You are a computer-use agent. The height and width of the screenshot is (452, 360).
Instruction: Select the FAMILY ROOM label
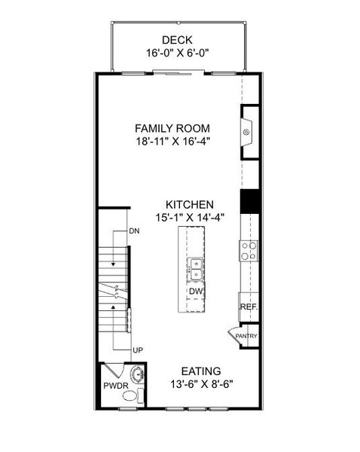[x=172, y=128]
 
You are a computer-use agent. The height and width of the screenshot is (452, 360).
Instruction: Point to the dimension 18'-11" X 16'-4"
[x=172, y=142]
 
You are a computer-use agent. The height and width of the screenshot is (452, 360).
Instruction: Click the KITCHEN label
[x=191, y=204]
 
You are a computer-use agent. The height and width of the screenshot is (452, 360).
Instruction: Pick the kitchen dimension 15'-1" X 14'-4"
[x=191, y=218]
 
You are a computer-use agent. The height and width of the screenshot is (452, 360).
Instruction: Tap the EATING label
[x=200, y=371]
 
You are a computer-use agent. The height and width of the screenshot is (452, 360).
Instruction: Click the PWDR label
[x=114, y=386]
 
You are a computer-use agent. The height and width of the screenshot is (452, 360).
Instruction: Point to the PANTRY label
[x=246, y=337]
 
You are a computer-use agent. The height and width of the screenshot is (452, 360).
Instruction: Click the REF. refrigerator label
[x=248, y=307]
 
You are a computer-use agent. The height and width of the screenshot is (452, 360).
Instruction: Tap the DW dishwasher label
[x=195, y=292]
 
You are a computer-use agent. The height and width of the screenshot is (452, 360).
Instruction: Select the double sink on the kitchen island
[x=195, y=264]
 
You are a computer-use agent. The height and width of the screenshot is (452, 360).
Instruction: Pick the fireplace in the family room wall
[x=248, y=133]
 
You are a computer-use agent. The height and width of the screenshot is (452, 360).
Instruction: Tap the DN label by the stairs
[x=134, y=231]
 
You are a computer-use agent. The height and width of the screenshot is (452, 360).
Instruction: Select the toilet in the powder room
[x=133, y=395]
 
